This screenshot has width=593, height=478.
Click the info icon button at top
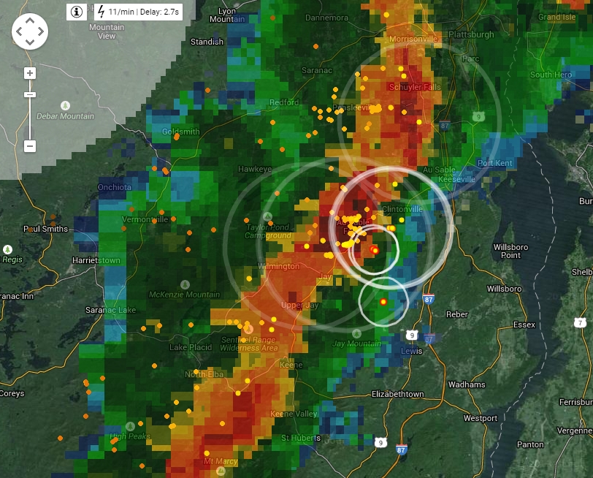pyautogui.click(x=77, y=12)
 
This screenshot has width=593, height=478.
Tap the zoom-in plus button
pyautogui.click(x=30, y=73)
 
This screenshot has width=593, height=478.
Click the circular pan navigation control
pyautogui.click(x=30, y=31)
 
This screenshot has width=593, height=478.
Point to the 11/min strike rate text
pyautogui.click(x=123, y=12)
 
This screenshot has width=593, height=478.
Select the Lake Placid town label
pyautogui.click(x=188, y=347)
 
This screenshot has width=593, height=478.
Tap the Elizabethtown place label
pyautogui.click(x=398, y=394)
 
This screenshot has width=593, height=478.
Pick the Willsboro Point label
pyautogui.click(x=510, y=251)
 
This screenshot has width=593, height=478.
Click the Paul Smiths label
pyautogui.click(x=45, y=229)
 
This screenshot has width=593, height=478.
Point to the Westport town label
pyautogui.click(x=480, y=419)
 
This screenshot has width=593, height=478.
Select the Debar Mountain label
pyautogui.click(x=66, y=116)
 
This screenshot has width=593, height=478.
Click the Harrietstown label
pyautogui.click(x=96, y=260)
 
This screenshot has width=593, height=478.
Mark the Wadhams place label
pyautogui.click(x=466, y=384)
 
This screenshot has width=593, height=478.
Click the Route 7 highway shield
pyautogui.click(x=580, y=322)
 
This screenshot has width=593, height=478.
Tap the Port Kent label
pyautogui.click(x=495, y=163)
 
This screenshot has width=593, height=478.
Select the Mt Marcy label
pyautogui.click(x=221, y=461)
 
